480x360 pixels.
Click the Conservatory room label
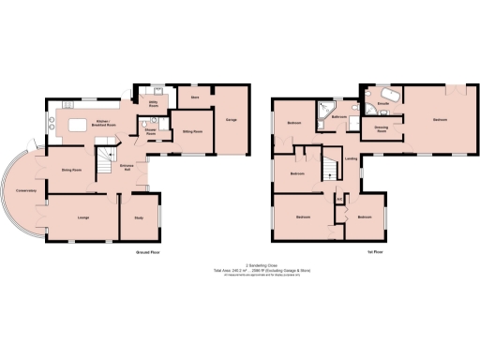click(26, 190)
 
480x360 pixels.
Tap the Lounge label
click(83, 218)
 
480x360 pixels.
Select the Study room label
click(139, 218)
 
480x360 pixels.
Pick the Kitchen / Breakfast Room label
click(104, 125)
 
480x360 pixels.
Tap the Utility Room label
click(153, 105)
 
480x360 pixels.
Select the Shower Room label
click(150, 133)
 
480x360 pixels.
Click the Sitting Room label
click(193, 132)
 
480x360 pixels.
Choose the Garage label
click(231, 119)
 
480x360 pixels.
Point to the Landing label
click(351, 158)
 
